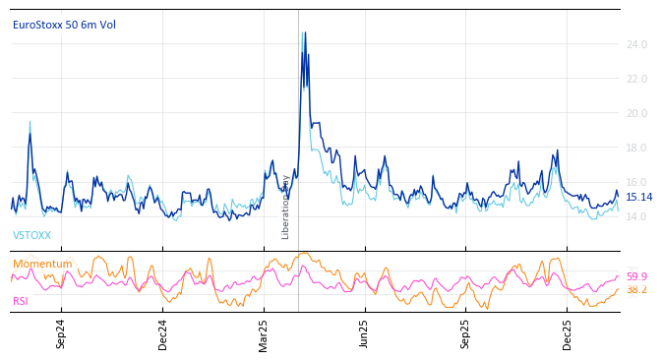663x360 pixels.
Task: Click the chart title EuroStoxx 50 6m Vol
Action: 64,25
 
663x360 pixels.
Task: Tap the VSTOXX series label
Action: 31,236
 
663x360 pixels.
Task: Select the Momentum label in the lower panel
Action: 42,264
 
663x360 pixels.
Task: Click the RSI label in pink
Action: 21,301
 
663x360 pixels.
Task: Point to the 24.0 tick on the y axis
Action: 636,44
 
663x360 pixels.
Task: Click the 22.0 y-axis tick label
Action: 636,79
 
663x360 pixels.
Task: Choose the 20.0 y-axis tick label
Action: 636,113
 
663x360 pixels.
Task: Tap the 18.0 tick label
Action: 636,148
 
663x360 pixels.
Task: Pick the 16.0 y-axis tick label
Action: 636,182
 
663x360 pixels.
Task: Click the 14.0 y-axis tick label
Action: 636,216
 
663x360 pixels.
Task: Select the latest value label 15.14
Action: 639,197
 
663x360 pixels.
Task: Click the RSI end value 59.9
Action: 636,277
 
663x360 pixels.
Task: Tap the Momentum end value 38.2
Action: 636,290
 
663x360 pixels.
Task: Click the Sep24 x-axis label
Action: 61,333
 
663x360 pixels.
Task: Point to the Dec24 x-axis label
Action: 163,333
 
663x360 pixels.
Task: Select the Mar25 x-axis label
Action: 264,333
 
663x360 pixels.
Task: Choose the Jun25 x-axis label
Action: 364,333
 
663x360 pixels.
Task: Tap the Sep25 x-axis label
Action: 466,333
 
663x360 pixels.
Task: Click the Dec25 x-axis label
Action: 568,333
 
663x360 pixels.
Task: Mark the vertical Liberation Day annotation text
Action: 286,207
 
